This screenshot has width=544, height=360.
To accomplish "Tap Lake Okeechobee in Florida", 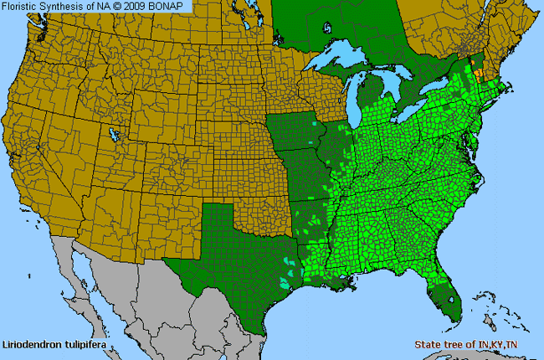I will coord(455,295).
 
